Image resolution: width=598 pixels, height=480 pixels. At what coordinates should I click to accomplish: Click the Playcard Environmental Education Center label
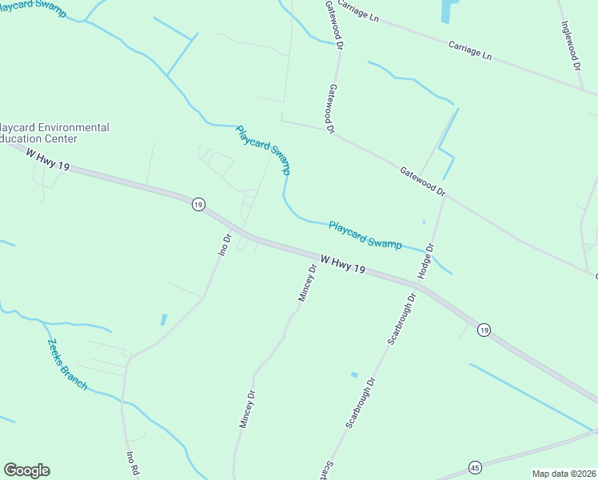tap(54, 133)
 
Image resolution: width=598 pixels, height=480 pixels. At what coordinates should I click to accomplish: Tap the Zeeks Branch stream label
tap(66, 363)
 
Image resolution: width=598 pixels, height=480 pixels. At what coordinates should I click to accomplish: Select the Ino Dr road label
tap(225, 242)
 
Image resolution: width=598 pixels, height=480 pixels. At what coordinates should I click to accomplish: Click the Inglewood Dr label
tap(572, 45)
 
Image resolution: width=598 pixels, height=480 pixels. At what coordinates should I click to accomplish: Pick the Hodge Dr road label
tap(428, 262)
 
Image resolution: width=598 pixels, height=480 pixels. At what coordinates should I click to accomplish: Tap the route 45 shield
tap(474, 466)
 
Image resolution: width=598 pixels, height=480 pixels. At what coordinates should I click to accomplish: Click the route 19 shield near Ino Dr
tap(197, 205)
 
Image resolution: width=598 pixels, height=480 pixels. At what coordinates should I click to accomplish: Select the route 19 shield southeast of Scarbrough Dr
tap(483, 330)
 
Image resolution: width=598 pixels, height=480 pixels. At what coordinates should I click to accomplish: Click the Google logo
tap(26, 470)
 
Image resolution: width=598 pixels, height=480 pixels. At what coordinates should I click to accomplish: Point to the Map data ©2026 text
tap(564, 474)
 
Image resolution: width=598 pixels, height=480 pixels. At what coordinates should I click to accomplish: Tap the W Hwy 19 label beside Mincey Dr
tap(342, 266)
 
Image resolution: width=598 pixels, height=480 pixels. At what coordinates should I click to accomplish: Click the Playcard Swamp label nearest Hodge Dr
tap(365, 234)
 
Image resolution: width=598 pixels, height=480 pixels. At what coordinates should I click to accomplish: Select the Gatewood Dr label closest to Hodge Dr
tap(423, 181)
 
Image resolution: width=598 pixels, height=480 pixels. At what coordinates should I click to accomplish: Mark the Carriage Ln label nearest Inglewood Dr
tap(470, 50)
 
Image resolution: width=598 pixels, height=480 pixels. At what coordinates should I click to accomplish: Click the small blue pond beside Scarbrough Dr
tap(354, 374)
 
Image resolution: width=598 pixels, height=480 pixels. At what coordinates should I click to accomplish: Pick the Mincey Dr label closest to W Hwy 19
tap(308, 282)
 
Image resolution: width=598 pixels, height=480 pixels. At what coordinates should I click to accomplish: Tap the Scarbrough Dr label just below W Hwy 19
tap(402, 318)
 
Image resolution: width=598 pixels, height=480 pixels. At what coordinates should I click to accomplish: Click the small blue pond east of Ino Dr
tap(164, 319)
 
